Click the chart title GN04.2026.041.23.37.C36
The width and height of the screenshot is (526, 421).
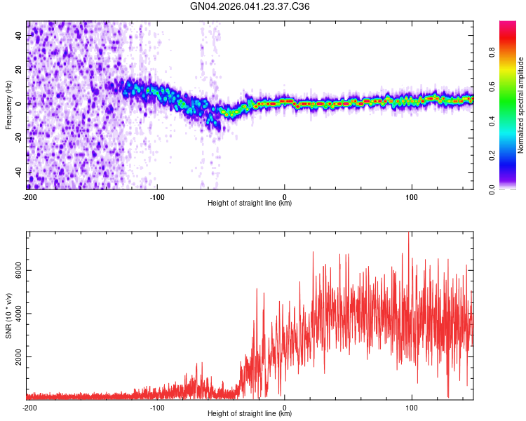[x=250, y=6]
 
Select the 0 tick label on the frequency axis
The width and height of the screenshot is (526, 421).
[x=20, y=104]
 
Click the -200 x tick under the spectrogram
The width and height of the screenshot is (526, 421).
[x=29, y=196]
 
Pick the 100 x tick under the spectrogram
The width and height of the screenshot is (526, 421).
[x=412, y=196]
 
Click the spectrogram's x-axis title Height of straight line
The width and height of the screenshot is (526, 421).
[x=250, y=203]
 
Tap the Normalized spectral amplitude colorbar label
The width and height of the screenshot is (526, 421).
[x=521, y=105]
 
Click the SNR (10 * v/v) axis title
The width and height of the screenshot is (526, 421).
[x=9, y=316]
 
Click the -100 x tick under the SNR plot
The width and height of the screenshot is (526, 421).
[x=157, y=407]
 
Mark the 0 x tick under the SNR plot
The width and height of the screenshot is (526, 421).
[x=285, y=407]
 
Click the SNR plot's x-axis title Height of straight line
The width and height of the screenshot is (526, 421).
[x=250, y=414]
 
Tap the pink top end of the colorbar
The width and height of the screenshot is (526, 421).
[x=508, y=25]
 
